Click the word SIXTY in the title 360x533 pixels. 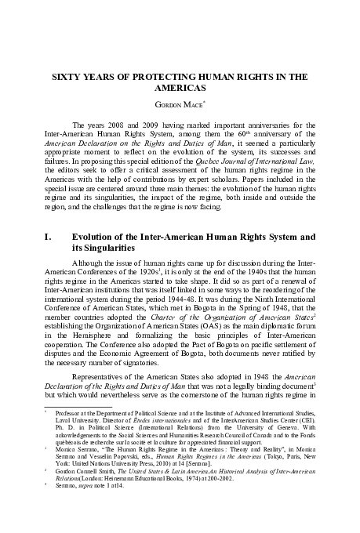point(67,78)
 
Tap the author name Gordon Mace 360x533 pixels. point(179,104)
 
